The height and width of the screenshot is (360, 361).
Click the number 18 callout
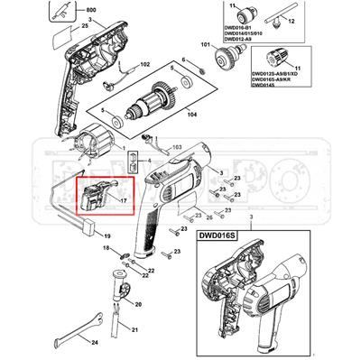pos(106,247)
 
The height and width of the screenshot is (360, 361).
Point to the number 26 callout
pos(208,217)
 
